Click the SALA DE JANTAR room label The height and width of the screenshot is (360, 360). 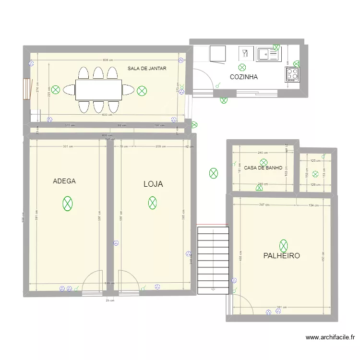click(147, 69)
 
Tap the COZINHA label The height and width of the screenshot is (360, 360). click(244, 77)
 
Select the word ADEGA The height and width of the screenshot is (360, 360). click(64, 181)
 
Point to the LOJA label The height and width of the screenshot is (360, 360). click(153, 184)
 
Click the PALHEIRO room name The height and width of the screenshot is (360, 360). click(281, 256)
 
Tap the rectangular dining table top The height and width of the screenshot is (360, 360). click(98, 90)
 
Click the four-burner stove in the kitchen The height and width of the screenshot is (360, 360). click(292, 74)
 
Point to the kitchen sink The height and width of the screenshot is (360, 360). click(264, 54)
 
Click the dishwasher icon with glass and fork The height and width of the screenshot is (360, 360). click(245, 54)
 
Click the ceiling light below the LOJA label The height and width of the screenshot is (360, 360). click(152, 204)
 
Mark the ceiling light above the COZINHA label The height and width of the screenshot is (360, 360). click(242, 68)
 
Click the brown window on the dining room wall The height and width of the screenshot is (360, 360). click(27, 89)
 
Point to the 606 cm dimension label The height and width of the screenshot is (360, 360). click(108, 60)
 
